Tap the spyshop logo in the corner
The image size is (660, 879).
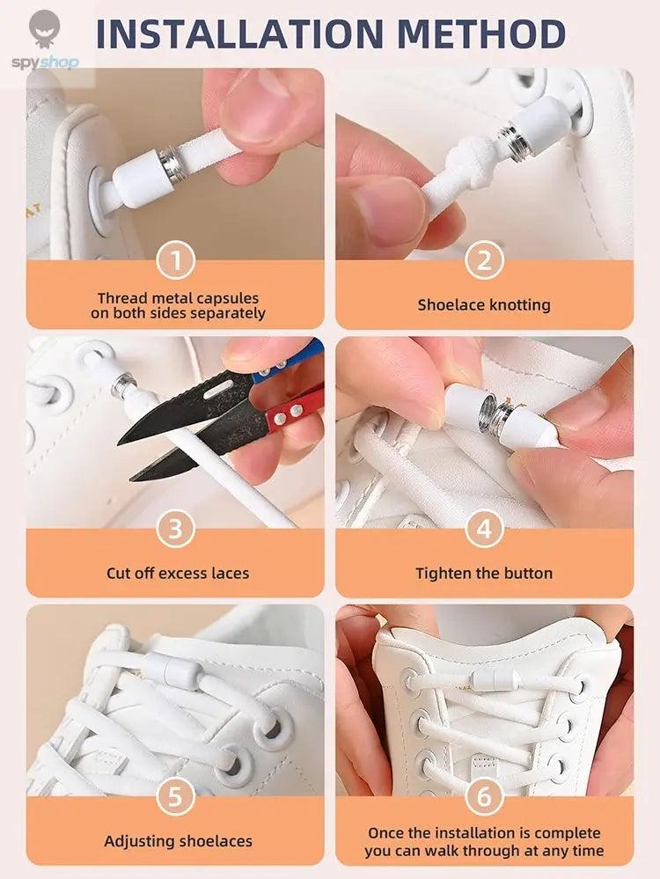click(44, 40)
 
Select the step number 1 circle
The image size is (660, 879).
click(175, 261)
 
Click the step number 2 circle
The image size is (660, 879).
click(484, 261)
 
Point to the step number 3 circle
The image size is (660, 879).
click(175, 530)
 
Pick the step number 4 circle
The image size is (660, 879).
click(484, 530)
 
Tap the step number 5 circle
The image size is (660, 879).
click(175, 797)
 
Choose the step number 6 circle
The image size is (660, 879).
click(484, 797)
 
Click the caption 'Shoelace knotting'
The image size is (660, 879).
click(484, 305)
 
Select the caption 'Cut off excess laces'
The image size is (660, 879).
click(178, 574)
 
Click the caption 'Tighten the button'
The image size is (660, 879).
click(484, 574)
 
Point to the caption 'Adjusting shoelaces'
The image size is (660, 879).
click(178, 841)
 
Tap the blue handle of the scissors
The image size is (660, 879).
click(290, 362)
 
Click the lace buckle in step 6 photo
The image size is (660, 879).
click(487, 679)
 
